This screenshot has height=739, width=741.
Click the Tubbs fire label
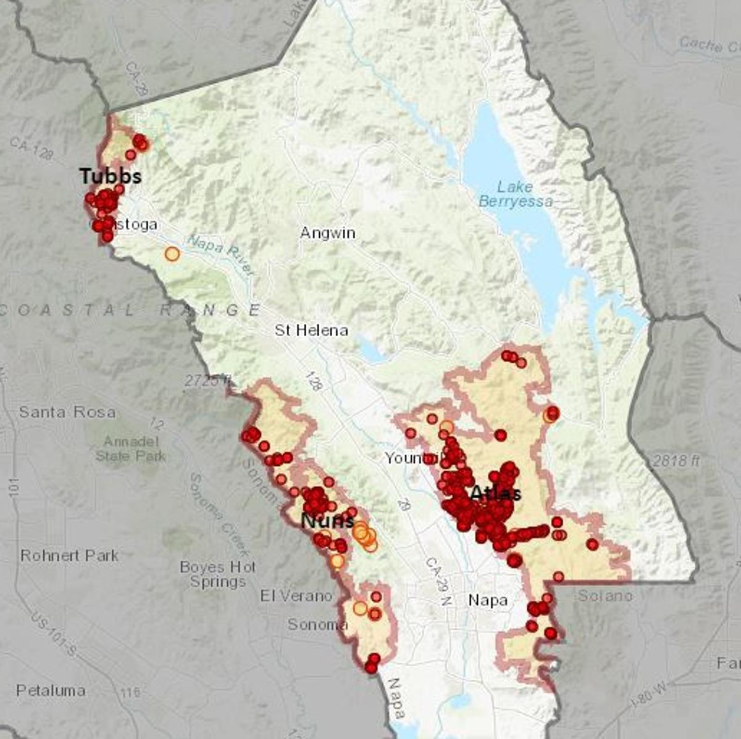click(111, 176)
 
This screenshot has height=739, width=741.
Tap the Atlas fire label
click(495, 493)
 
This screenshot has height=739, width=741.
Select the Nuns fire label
click(327, 521)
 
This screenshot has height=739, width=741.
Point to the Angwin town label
click(327, 233)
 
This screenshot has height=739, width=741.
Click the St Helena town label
click(311, 331)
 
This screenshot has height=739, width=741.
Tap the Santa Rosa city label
click(67, 412)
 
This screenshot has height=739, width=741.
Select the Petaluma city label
click(51, 690)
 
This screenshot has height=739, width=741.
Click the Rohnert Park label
click(69, 555)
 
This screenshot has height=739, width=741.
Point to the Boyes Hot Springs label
click(218, 574)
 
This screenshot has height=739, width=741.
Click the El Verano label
click(296, 596)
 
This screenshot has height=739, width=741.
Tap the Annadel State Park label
click(130, 449)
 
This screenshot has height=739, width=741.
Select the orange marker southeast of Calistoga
click(172, 254)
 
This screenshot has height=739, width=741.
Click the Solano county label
click(605, 596)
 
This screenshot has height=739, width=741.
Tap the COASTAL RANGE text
click(130, 310)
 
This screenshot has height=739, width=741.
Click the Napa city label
click(488, 600)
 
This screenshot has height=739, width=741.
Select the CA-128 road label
click(31, 149)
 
